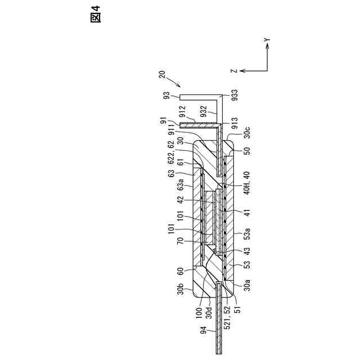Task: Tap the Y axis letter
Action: click(x=268, y=40)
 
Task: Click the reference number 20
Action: click(x=163, y=74)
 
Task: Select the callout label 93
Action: click(x=166, y=96)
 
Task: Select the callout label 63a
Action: click(x=180, y=183)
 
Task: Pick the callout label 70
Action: click(x=180, y=243)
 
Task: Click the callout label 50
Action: click(x=246, y=151)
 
